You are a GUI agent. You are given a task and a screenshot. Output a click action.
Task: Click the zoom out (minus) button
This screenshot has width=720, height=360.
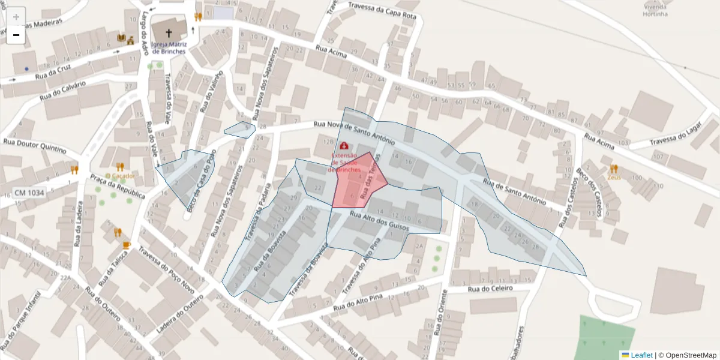tap(16, 35)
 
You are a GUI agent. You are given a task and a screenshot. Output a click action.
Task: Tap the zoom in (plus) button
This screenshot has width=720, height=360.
tap(16, 17)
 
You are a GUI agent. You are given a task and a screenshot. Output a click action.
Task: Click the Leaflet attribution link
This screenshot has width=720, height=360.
tap(641, 355)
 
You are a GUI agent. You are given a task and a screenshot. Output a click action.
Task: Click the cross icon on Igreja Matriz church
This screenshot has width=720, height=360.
tap(169, 33)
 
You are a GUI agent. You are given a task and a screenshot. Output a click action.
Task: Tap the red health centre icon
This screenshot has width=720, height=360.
tap(344, 146)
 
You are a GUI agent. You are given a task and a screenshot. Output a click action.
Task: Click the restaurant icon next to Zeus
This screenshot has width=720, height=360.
tap(613, 169)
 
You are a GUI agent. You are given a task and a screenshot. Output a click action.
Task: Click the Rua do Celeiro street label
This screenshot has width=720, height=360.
tap(490, 289)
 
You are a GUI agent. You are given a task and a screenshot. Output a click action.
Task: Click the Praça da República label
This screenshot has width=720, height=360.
tap(118, 187)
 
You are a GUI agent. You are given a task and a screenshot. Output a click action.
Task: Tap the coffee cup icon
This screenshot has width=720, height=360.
tap(126, 245)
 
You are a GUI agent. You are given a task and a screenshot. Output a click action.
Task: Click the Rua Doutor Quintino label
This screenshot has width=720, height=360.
tap(35, 146)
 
